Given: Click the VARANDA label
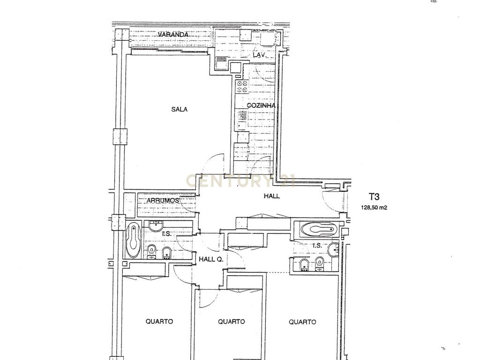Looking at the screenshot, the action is point(173,34).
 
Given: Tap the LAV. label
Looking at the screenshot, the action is point(259,55).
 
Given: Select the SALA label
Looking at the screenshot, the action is point(180,109).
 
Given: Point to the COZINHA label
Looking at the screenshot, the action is point(261,105).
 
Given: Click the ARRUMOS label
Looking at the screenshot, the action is point(163,201).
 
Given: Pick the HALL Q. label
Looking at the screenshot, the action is point(211,259).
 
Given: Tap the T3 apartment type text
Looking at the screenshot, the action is point(374,196).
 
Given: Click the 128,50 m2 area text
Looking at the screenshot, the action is point(374,208).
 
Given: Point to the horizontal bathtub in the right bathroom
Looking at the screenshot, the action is point(319,229).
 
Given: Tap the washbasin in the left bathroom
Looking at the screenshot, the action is point(156,226).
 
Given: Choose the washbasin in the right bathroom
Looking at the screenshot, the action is point(333,250).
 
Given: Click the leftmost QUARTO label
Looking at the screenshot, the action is point(159,322).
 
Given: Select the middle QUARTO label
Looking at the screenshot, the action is point(232,322).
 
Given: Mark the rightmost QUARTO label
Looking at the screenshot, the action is point(302,322).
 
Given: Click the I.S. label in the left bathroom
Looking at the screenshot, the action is point(167,234).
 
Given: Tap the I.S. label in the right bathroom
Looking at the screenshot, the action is point(317,246).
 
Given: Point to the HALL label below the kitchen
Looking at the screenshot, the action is point(272,196).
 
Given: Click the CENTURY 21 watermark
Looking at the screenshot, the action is point(241,180).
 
